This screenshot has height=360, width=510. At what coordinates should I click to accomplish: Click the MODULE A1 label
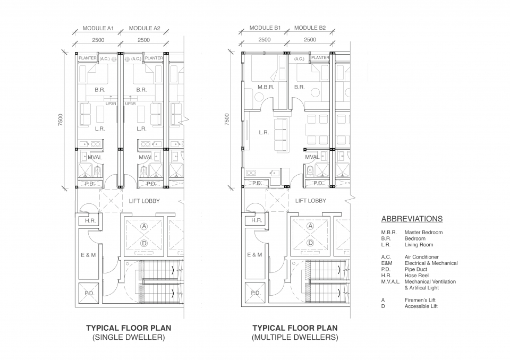pyautogui.click(x=98, y=28)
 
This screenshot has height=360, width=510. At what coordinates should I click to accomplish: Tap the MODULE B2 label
pyautogui.click(x=310, y=28)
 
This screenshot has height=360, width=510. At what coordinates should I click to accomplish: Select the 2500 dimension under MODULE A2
pyautogui.click(x=143, y=40)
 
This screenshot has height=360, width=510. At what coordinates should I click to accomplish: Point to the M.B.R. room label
pyautogui.click(x=266, y=87)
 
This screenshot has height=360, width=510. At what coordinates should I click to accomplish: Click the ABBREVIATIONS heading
pyautogui.click(x=412, y=219)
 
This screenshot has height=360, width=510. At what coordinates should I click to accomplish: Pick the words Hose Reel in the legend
pyautogui.click(x=416, y=276)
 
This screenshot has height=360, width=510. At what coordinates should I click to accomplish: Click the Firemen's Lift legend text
pyautogui.click(x=420, y=300)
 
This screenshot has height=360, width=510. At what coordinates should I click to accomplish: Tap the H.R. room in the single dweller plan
pyautogui.click(x=90, y=221)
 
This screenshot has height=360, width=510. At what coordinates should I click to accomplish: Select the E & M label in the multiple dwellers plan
pyautogui.click(x=254, y=255)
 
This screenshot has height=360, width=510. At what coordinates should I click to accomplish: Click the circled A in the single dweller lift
pyautogui.click(x=144, y=226)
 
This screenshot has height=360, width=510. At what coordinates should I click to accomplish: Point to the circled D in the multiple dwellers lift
pyautogui.click(x=311, y=243)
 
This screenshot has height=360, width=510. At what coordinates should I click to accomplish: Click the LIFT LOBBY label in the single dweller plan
pyautogui.click(x=144, y=201)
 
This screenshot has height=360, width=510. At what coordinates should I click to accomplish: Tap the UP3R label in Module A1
pyautogui.click(x=111, y=104)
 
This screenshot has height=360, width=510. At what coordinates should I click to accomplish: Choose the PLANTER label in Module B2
pyautogui.click(x=320, y=57)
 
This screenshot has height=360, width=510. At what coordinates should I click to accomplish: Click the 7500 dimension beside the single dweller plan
pyautogui.click(x=60, y=119)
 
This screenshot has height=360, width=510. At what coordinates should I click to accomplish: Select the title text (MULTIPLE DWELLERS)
pyautogui.click(x=295, y=337)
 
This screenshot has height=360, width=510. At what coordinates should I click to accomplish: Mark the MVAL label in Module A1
pyautogui.click(x=95, y=157)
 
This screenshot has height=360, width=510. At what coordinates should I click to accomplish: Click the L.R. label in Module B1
pyautogui.click(x=264, y=133)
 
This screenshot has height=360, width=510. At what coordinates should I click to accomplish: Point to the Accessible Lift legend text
pyautogui.click(x=421, y=306)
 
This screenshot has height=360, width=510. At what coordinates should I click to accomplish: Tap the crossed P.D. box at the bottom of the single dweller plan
pyautogui.click(x=89, y=293)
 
